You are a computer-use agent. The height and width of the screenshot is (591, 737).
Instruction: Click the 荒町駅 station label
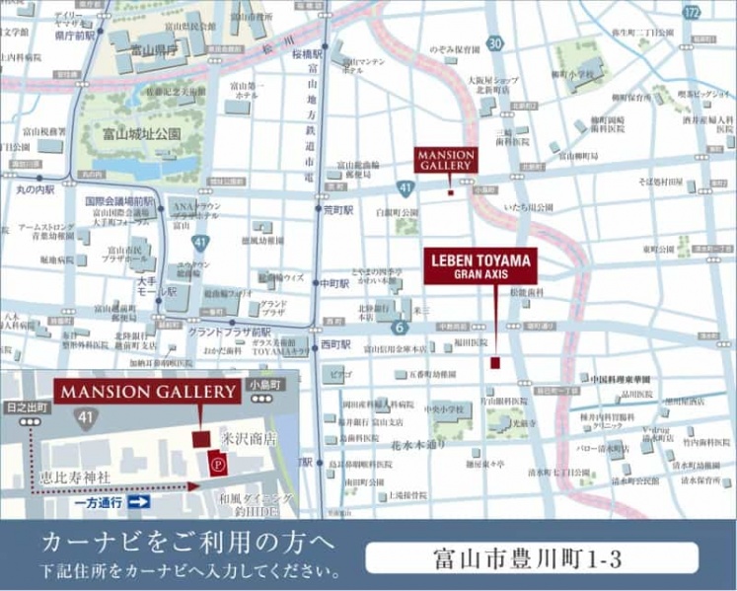click(336, 209)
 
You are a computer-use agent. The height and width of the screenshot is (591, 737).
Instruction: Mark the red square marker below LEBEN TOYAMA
click(495, 363)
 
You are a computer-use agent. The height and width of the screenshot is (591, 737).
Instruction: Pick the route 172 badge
click(693, 12)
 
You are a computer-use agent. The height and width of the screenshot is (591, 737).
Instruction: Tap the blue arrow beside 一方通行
click(138, 502)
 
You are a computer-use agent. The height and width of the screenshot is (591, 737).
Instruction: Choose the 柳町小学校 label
click(572, 73)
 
